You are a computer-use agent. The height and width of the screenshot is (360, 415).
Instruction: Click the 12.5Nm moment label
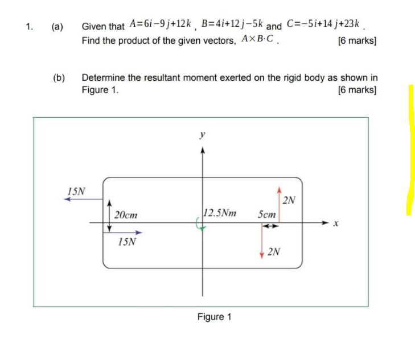click(x=220, y=214)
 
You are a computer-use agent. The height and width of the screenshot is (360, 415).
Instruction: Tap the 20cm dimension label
click(x=126, y=215)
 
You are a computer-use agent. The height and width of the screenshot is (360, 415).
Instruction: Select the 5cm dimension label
click(x=266, y=214)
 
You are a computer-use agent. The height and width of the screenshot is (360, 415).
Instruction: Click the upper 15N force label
click(x=76, y=191)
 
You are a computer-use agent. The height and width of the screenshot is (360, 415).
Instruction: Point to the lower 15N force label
click(x=128, y=242)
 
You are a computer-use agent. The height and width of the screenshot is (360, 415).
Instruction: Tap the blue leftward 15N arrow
click(x=83, y=200)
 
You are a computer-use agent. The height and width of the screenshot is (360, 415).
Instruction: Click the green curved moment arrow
click(x=199, y=226)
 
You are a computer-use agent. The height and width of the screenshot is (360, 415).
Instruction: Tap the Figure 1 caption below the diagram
click(x=214, y=317)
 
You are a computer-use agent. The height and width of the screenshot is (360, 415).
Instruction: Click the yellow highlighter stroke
click(x=410, y=151)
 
